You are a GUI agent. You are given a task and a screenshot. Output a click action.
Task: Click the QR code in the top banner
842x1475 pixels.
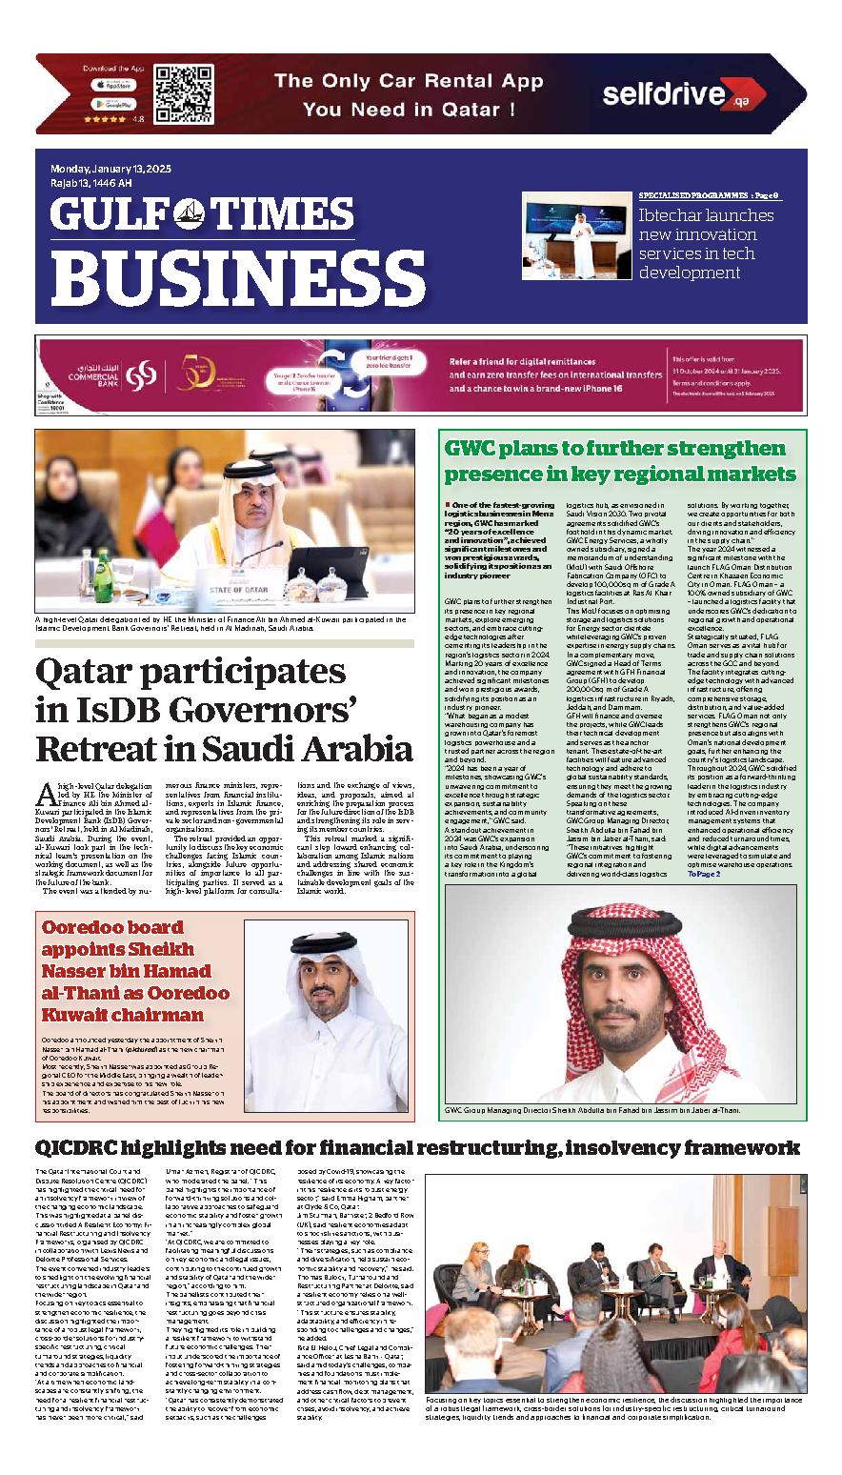coord(183,94)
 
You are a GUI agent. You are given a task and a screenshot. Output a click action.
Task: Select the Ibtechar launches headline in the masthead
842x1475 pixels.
coord(706,244)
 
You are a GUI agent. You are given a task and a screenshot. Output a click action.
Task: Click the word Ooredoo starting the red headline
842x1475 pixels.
coord(86,927)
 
